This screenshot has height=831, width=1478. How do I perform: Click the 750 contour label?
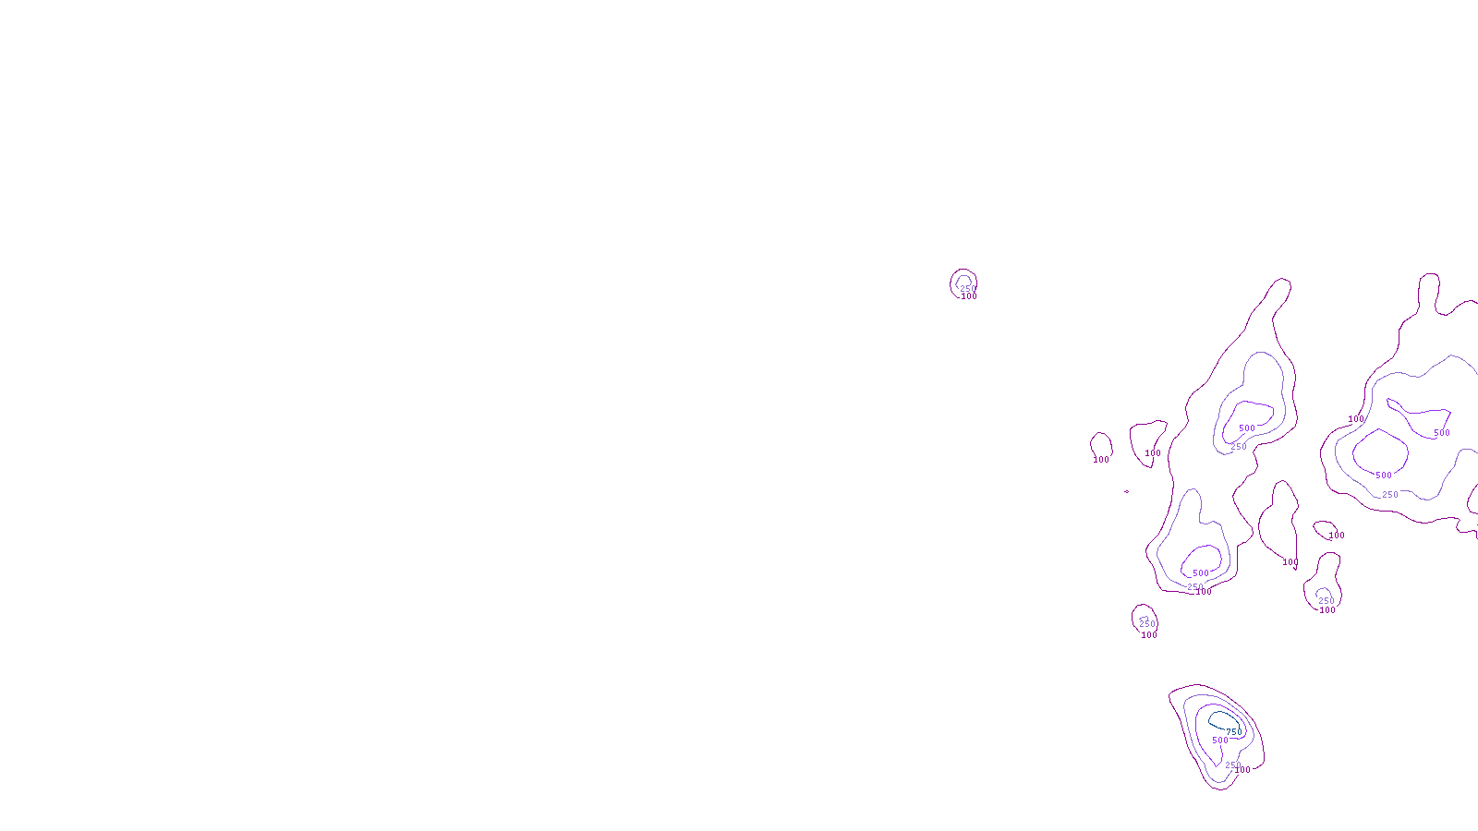(1234, 732)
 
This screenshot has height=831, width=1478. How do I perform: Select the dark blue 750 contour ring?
(1219, 713)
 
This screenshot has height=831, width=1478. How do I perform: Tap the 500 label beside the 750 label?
(1220, 741)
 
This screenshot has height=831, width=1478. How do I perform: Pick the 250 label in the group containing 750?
(1232, 765)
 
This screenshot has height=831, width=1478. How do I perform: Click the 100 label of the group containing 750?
(1242, 770)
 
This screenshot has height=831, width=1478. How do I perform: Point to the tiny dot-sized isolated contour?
(1126, 491)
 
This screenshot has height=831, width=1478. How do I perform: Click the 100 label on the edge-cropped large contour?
(1356, 419)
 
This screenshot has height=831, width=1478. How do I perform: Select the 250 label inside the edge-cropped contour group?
(1390, 495)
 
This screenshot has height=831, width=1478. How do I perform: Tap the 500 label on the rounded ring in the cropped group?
(1384, 475)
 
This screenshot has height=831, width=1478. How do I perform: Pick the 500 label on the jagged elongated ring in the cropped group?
(1442, 433)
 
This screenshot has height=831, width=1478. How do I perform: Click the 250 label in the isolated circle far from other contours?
(968, 289)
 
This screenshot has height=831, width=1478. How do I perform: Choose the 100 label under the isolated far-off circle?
(969, 296)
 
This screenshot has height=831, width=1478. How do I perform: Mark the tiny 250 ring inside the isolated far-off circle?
(963, 277)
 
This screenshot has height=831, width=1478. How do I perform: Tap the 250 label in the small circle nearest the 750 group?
(1147, 624)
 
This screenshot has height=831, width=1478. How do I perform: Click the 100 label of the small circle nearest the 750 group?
(1149, 635)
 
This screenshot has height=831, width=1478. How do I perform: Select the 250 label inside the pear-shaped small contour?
(1327, 601)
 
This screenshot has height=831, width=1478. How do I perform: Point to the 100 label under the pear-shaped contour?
(1327, 610)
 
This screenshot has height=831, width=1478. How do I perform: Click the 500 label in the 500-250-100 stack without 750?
(1201, 573)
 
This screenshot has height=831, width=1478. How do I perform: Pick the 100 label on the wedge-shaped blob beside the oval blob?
(1153, 453)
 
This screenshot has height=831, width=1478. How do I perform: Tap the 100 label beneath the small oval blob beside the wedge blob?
(1101, 460)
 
